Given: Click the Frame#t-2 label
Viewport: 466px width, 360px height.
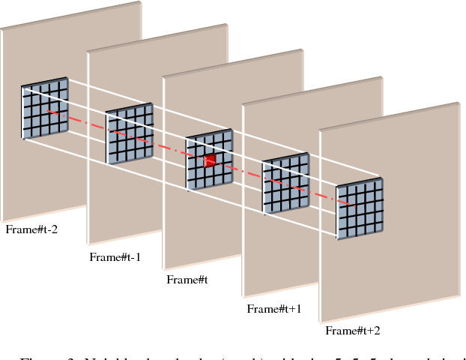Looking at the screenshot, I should pos(31,229).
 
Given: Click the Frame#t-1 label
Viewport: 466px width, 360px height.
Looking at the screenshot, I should pos(115,256).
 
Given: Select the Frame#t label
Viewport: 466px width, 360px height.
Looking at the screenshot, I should pos(187,280).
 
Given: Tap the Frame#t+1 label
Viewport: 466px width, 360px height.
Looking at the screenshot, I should pos(273,308).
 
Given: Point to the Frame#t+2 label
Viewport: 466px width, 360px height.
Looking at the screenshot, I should pos(352,330).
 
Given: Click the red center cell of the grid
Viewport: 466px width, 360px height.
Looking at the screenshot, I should pos(211,160).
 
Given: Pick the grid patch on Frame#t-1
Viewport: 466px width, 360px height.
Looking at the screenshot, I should pos(130,135).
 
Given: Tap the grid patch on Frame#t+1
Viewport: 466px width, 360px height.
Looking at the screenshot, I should pos(285,184).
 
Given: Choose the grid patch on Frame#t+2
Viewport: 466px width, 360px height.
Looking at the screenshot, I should pos(360,209).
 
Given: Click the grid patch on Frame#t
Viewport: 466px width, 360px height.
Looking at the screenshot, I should pos(210,160).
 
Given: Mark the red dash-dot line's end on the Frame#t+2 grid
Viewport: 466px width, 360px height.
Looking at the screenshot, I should pos(352,203).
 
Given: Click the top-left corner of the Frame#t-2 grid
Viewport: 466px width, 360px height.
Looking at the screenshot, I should pos(22,86).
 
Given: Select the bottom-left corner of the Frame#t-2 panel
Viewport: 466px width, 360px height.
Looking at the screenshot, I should pos(3,220).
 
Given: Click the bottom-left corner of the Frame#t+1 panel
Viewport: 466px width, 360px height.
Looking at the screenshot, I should pos(243,295).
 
